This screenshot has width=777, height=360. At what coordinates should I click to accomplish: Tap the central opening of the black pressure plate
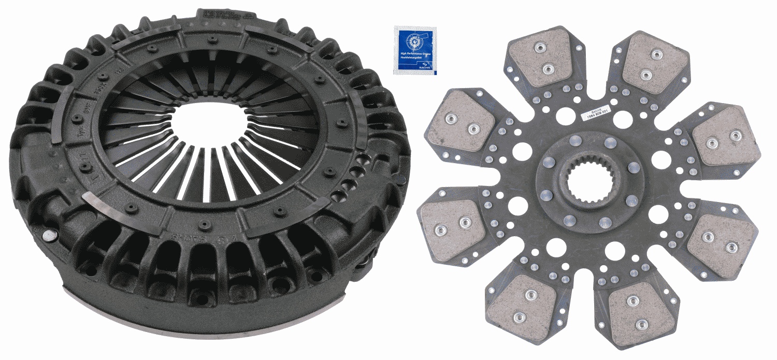[x=204, y=124]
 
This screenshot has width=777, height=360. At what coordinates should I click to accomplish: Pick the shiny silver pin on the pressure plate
[x=48, y=236]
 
